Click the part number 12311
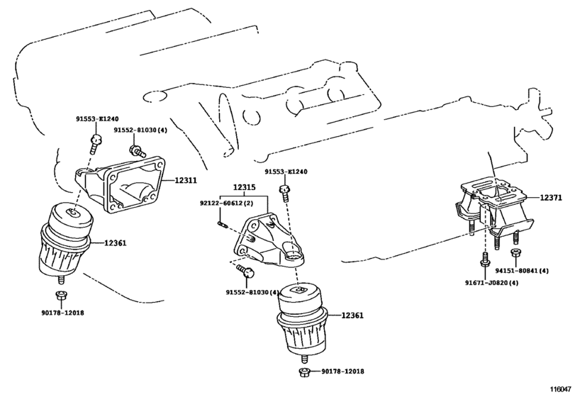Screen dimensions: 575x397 click(186, 180)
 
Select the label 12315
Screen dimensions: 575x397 click(245, 187)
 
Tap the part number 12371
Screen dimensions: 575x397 click(550, 198)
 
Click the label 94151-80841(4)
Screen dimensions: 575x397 click(522, 271)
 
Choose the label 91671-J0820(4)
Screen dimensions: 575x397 click(492, 283)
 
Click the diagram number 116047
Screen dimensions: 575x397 click(561, 388)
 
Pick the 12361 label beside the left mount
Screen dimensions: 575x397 click(115, 242)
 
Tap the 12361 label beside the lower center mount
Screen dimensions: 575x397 click(352, 315)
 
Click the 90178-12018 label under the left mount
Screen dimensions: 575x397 click(62, 313)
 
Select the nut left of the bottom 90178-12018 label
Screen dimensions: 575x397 click(304, 371)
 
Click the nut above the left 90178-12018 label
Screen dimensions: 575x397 click(60, 295)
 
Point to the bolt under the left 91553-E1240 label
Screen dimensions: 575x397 click(95, 144)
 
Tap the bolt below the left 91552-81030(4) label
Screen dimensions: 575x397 click(138, 151)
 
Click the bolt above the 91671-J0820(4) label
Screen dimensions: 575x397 click(484, 261)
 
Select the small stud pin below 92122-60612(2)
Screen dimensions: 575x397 click(222, 223)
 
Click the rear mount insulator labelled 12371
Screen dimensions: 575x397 click(495, 212)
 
